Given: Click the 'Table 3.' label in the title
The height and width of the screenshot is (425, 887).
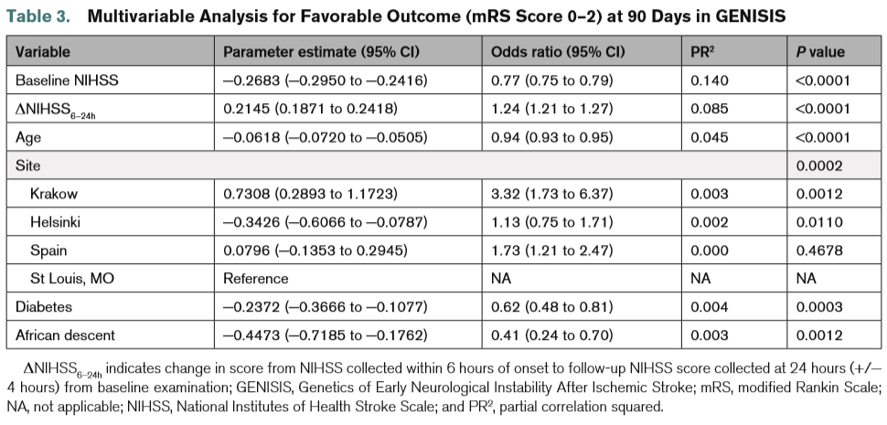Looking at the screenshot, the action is [38, 16].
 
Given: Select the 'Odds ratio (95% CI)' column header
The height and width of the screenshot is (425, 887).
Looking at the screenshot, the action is [558, 52].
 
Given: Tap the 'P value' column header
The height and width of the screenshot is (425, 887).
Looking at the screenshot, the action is [819, 52].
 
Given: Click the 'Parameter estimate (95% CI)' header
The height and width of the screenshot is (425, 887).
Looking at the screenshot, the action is [321, 52].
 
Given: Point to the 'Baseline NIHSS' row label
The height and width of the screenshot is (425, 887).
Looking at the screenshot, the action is [67, 80].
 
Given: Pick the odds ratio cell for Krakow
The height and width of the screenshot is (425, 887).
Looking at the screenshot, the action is [551, 194].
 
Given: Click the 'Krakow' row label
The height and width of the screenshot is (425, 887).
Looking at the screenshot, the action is [54, 194].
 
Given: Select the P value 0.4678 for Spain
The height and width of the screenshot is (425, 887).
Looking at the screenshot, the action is [818, 250].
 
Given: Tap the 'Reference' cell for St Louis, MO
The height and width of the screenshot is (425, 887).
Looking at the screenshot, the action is [256, 279].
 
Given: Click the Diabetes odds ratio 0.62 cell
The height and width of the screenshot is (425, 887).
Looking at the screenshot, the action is [551, 307].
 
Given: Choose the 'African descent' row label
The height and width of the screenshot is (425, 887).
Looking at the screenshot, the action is [65, 335].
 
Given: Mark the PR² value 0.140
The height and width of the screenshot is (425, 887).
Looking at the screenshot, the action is [710, 80].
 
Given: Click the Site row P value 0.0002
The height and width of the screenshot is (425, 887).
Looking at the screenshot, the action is [818, 165].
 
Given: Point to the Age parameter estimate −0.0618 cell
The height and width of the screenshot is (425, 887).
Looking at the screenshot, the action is [326, 137].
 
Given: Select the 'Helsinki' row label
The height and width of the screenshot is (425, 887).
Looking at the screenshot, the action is [56, 222].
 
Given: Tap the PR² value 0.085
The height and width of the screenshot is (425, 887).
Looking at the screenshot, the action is [710, 109].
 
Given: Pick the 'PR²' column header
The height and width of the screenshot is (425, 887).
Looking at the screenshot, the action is [702, 52].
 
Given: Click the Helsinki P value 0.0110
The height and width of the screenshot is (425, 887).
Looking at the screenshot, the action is [818, 222].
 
